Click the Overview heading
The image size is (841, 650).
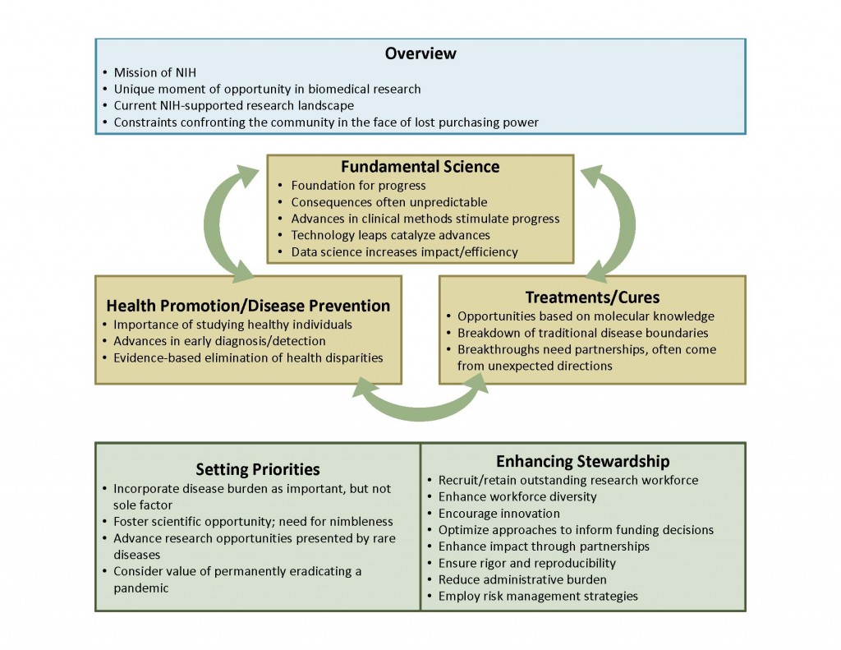click(x=420, y=53)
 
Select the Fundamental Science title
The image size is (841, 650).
click(x=420, y=166)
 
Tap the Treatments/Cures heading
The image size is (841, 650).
click(x=592, y=297)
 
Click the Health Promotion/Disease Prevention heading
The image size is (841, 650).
click(x=248, y=306)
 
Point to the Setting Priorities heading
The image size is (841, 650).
click(x=257, y=470)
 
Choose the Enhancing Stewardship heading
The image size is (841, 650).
click(x=582, y=461)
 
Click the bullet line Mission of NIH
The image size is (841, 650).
click(x=154, y=72)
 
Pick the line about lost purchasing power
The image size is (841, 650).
click(x=326, y=122)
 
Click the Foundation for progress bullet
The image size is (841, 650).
click(x=358, y=186)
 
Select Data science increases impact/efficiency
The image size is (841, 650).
click(x=404, y=252)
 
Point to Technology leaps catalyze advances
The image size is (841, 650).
click(x=390, y=235)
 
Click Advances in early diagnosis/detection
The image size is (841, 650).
click(x=219, y=341)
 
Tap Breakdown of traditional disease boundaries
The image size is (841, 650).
click(x=582, y=333)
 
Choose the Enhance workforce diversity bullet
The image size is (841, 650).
click(x=517, y=497)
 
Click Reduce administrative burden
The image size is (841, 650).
click(x=522, y=579)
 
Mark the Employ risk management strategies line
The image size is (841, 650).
click(x=538, y=597)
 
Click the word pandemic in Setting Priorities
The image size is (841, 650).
click(x=140, y=588)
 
